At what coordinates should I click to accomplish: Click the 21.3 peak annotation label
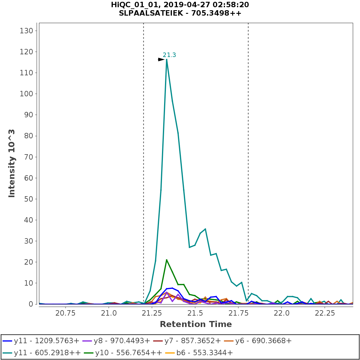tap(169, 55)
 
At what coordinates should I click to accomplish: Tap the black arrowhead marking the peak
tap(161, 59)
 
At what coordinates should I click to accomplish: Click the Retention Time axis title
tap(196, 324)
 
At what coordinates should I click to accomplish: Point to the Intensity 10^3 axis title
tap(12, 163)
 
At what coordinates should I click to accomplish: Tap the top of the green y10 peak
tap(166, 260)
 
